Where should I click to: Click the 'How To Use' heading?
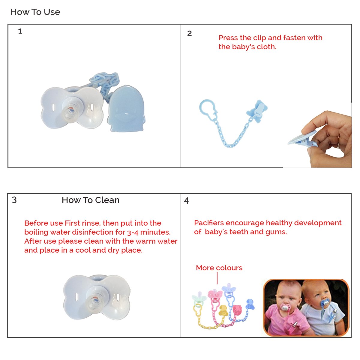coord(35,12)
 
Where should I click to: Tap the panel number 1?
coord(20,31)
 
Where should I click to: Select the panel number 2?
coord(189,33)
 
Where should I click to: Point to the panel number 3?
coord(14,200)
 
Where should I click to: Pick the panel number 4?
coord(186,201)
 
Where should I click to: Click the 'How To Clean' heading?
coord(91,200)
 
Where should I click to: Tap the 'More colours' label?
coord(219,268)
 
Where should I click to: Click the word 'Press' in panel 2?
coord(228,38)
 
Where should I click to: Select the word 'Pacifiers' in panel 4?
coord(209,223)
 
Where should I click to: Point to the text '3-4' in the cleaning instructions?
coord(133,232)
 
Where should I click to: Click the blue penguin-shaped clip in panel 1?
coord(127,109)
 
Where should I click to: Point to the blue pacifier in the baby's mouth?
coord(325,302)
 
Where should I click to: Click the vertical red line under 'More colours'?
coord(217,278)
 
